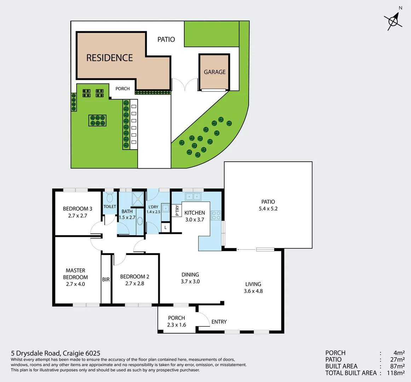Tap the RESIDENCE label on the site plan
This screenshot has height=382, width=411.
(110, 58)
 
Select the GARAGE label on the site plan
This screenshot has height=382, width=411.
(214, 72)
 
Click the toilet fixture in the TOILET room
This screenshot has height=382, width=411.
(110, 196)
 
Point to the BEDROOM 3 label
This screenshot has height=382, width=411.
(77, 209)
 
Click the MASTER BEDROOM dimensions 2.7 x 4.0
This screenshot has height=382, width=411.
(75, 284)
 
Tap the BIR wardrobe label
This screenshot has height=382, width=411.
(106, 279)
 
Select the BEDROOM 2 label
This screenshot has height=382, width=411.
(134, 277)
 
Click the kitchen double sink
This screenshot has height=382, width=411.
(193, 197)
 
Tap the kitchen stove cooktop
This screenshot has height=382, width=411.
(216, 215)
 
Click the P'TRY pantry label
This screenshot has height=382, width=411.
(177, 211)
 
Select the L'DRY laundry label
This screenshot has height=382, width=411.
(153, 207)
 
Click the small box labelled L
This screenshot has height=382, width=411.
(165, 228)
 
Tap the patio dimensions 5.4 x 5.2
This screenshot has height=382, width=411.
(268, 209)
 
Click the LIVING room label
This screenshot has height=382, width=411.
(253, 284)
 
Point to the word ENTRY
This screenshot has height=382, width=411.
(219, 322)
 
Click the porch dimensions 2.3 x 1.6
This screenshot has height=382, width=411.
(176, 325)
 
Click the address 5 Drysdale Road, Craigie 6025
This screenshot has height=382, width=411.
(56, 353)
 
